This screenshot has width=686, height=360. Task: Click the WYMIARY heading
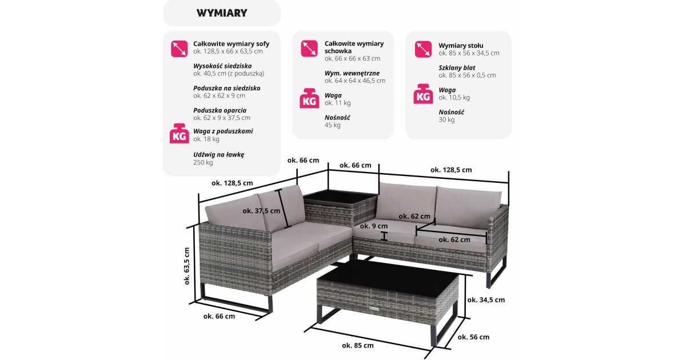(x=222, y=13)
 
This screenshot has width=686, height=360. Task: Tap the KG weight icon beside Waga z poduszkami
(x=179, y=134)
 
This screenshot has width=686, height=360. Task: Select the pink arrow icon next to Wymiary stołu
(x=423, y=49)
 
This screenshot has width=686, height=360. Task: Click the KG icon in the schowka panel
(x=309, y=98)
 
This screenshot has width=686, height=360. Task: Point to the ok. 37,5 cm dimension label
(x=261, y=211)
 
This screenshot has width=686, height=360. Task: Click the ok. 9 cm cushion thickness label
(x=374, y=226)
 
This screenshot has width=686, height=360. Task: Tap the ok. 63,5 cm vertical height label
(x=187, y=266)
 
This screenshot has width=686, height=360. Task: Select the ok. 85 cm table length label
(x=358, y=346)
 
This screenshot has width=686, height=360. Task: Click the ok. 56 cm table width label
(x=473, y=337)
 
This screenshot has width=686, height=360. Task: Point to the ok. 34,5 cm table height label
(x=486, y=300)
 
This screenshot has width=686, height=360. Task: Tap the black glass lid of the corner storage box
(x=340, y=196)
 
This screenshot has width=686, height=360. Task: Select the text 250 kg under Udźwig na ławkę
(x=203, y=162)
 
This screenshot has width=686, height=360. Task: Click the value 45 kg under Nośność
(x=332, y=125)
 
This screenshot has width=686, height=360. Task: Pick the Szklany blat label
(x=457, y=68)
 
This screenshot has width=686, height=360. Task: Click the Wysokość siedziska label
(x=222, y=66)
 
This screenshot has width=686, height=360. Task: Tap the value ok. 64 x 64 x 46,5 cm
(x=355, y=81)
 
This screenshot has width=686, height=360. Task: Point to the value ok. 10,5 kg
(x=454, y=98)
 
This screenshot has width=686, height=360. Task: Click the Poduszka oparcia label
(x=220, y=110)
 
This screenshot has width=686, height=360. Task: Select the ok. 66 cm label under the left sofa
(x=219, y=317)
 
